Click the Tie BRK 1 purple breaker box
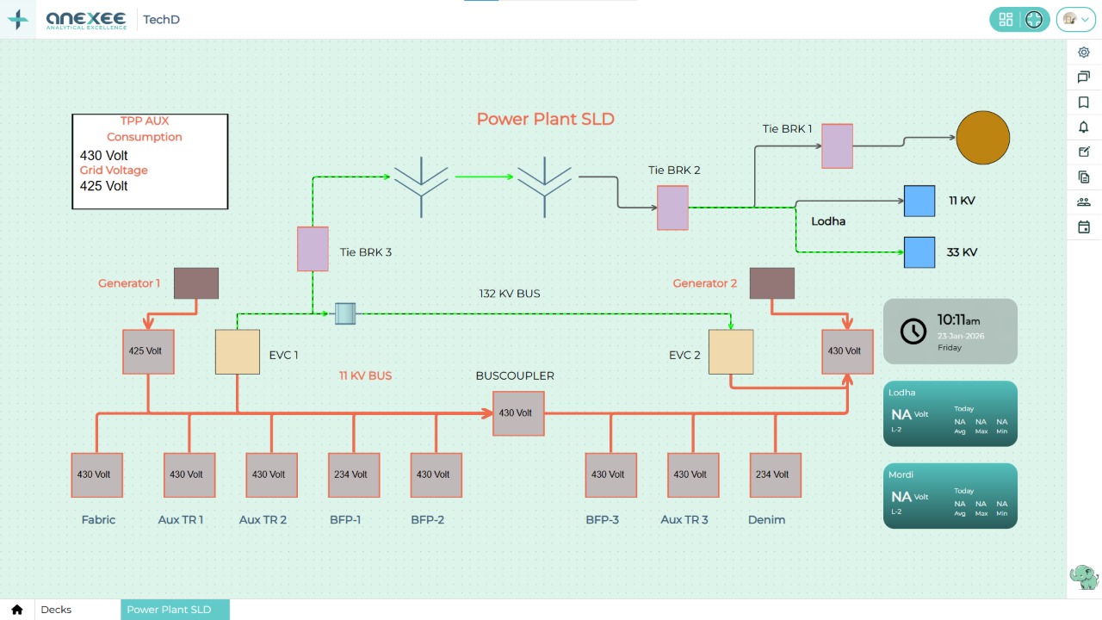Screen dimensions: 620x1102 coord(837,146)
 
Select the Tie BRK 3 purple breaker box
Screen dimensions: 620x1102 coord(313,249)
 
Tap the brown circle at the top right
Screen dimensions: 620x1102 coord(982,138)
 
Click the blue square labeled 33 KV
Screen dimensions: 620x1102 coord(919,252)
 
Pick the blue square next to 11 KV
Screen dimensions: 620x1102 coord(919,201)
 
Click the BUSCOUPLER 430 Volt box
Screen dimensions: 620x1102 coord(518,413)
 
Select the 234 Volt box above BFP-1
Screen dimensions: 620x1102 coord(354,474)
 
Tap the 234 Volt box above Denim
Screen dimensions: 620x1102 coord(775,474)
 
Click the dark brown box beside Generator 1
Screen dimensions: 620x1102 coord(196,283)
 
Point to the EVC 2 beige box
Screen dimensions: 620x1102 coord(731,352)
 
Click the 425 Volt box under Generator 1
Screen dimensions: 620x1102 coord(148,351)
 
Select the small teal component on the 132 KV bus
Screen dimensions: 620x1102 coord(345,313)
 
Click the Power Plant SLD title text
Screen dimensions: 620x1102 coord(546,119)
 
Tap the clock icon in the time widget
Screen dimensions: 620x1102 coord(913,331)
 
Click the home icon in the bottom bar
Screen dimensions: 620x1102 coord(17,610)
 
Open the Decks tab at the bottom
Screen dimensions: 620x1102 coord(57,610)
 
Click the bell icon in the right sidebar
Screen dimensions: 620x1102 coord(1084,127)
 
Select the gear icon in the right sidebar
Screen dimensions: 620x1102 coord(1084,53)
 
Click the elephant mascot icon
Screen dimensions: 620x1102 coord(1083,577)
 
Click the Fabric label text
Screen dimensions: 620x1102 coord(98,520)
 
